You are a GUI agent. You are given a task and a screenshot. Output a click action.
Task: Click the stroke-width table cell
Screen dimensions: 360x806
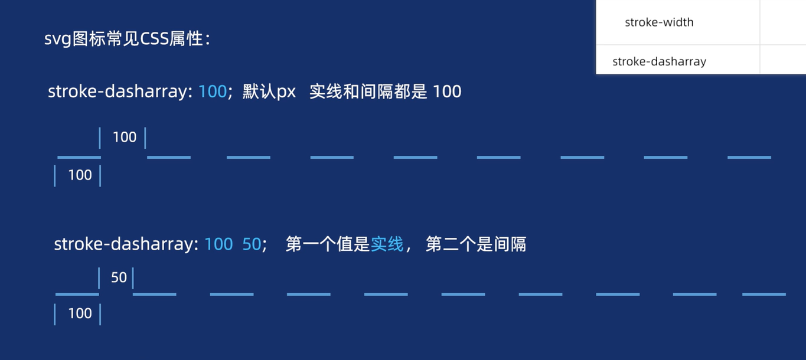click(659, 22)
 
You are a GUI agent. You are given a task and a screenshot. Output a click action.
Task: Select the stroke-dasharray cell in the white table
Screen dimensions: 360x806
click(659, 61)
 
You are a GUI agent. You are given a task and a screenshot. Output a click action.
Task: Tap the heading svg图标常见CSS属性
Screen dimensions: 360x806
click(127, 40)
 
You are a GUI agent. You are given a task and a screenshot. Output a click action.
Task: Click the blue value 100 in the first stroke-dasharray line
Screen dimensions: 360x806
click(213, 91)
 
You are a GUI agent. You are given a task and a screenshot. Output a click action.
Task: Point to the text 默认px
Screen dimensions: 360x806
click(269, 91)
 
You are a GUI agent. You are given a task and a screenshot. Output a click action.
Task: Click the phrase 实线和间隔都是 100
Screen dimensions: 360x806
click(385, 91)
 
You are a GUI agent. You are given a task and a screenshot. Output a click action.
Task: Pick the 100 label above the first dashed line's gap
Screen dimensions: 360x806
click(124, 137)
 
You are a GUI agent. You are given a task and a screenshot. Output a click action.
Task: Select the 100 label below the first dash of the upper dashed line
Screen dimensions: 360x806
click(80, 175)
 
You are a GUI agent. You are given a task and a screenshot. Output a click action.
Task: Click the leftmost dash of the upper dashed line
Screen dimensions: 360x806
click(79, 158)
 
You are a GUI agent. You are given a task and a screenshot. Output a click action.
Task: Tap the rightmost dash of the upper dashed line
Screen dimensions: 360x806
click(749, 158)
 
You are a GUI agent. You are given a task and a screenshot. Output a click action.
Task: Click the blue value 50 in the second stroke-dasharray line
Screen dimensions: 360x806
click(252, 244)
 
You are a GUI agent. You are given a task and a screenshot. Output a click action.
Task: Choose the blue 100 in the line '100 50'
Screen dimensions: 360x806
click(218, 244)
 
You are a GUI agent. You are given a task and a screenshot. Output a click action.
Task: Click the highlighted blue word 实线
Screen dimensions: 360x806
click(387, 244)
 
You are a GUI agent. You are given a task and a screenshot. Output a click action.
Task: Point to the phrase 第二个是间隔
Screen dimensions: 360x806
click(475, 244)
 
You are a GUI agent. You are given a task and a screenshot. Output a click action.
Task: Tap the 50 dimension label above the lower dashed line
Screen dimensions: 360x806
click(119, 277)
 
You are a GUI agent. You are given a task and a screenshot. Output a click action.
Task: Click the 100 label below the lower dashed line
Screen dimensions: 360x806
click(80, 313)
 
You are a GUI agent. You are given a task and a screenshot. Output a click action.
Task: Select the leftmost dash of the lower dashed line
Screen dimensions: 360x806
click(77, 294)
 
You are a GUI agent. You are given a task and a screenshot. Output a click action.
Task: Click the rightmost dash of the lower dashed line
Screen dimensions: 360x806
click(764, 294)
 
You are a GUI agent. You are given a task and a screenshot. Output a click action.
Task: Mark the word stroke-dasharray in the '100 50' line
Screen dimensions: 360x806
click(126, 244)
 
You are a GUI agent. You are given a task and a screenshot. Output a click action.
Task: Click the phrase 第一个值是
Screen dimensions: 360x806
click(328, 244)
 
